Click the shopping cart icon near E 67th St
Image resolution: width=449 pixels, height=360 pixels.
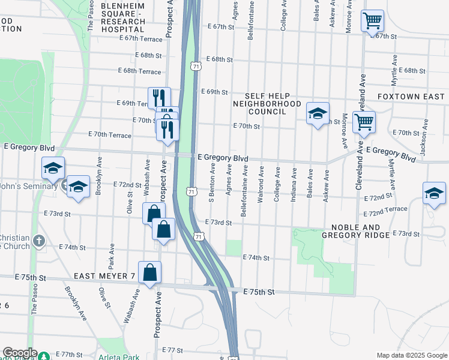(x=372, y=22)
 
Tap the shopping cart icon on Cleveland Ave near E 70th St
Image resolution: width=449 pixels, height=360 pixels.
(x=364, y=122)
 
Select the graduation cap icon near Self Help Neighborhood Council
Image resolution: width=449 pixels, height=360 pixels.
(x=318, y=113)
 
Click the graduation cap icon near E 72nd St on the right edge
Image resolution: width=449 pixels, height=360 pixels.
(x=434, y=193)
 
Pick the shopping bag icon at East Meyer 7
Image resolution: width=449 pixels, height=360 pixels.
(x=149, y=273)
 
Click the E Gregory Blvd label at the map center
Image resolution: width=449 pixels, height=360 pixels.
(x=223, y=157)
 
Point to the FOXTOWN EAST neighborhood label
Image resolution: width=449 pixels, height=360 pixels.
(x=411, y=97)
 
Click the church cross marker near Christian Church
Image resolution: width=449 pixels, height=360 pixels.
(x=40, y=241)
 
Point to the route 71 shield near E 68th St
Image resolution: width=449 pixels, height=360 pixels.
(x=195, y=66)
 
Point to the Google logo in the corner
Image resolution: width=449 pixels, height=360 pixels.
(x=20, y=353)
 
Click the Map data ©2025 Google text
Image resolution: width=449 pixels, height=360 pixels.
(x=411, y=355)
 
